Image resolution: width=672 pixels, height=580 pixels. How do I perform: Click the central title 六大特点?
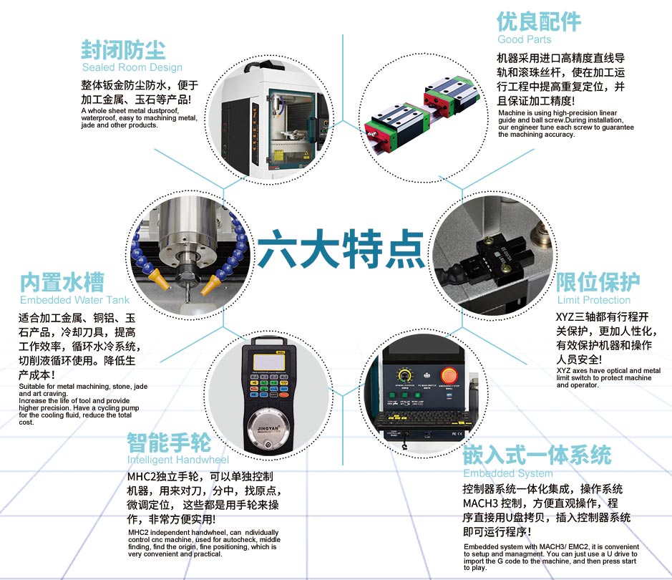pyautogui.click(x=341, y=248)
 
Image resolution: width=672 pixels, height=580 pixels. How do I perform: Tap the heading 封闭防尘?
pyautogui.click(x=123, y=50)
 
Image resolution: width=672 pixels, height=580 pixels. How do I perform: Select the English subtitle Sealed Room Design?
pyautogui.click(x=132, y=67)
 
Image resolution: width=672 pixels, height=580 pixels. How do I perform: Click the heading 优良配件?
pyautogui.click(x=539, y=22)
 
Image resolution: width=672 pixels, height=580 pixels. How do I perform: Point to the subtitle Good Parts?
pyautogui.click(x=524, y=39)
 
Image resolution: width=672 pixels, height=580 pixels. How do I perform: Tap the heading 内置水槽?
pyautogui.click(x=62, y=282)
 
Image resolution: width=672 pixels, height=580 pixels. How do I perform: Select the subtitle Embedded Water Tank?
pyautogui.click(x=74, y=300)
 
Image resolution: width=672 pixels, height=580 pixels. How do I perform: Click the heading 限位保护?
pyautogui.click(x=598, y=282)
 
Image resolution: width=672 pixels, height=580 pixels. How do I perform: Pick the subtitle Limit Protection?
pyautogui.click(x=594, y=300)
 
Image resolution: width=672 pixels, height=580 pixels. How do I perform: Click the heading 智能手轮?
pyautogui.click(x=169, y=443)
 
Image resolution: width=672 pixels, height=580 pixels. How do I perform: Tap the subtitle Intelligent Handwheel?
pyautogui.click(x=178, y=460)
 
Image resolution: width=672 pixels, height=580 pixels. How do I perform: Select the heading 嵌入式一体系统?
pyautogui.click(x=537, y=455)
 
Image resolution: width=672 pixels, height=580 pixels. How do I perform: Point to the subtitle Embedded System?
pyautogui.click(x=508, y=473)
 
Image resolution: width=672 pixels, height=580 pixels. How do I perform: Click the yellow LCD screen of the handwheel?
pyautogui.click(x=268, y=362)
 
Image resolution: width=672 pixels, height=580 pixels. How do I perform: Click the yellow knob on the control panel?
pyautogui.click(x=404, y=376)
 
